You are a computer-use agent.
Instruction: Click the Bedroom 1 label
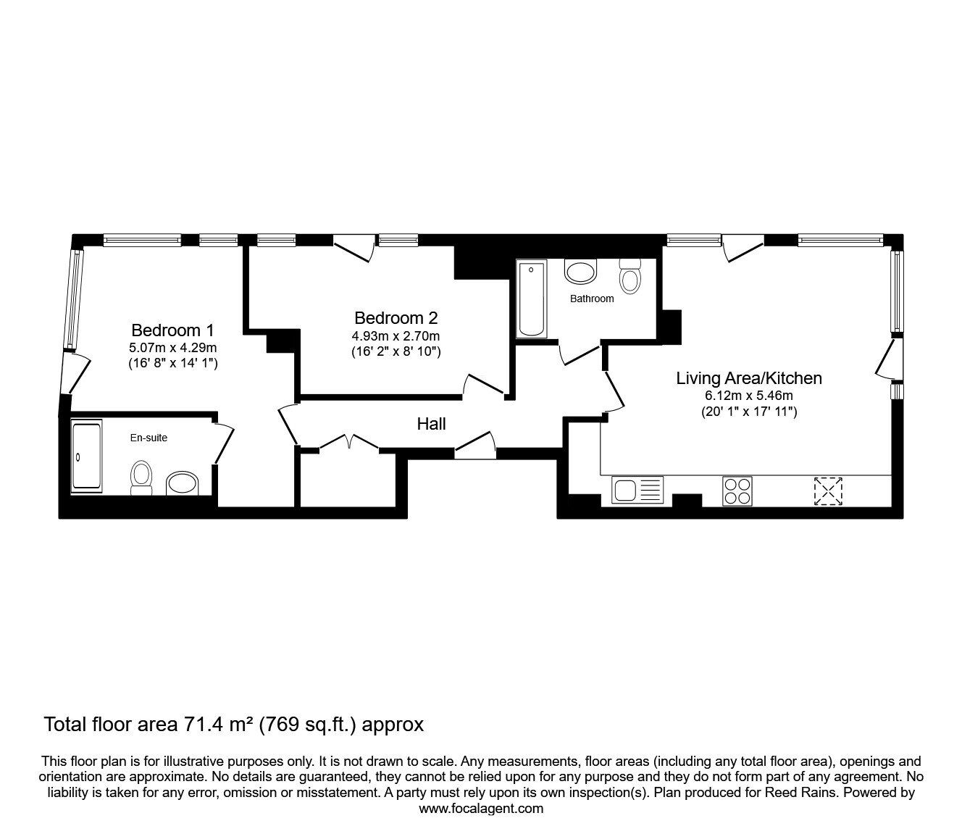(172, 330)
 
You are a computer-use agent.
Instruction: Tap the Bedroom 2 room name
(396, 318)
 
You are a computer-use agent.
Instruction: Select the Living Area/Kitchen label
(749, 378)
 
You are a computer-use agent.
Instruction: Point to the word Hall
(431, 424)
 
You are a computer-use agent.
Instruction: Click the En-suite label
(149, 438)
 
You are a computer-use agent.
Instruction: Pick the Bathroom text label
(592, 299)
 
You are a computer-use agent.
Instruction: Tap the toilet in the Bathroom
(630, 277)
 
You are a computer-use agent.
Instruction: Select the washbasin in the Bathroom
(580, 271)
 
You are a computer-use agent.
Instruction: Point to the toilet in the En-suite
(141, 478)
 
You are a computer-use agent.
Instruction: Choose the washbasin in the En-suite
(183, 484)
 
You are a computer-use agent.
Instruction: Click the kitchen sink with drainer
(637, 491)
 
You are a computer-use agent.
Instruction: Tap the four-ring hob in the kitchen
(737, 491)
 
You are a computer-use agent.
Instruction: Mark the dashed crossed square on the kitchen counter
(828, 491)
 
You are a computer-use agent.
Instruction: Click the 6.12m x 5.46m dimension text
(749, 396)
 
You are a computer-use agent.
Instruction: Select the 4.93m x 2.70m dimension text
(396, 335)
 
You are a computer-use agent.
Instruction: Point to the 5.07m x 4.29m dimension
(172, 347)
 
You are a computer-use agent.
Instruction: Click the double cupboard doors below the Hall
(349, 443)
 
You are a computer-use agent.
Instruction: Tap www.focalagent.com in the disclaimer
(481, 809)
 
